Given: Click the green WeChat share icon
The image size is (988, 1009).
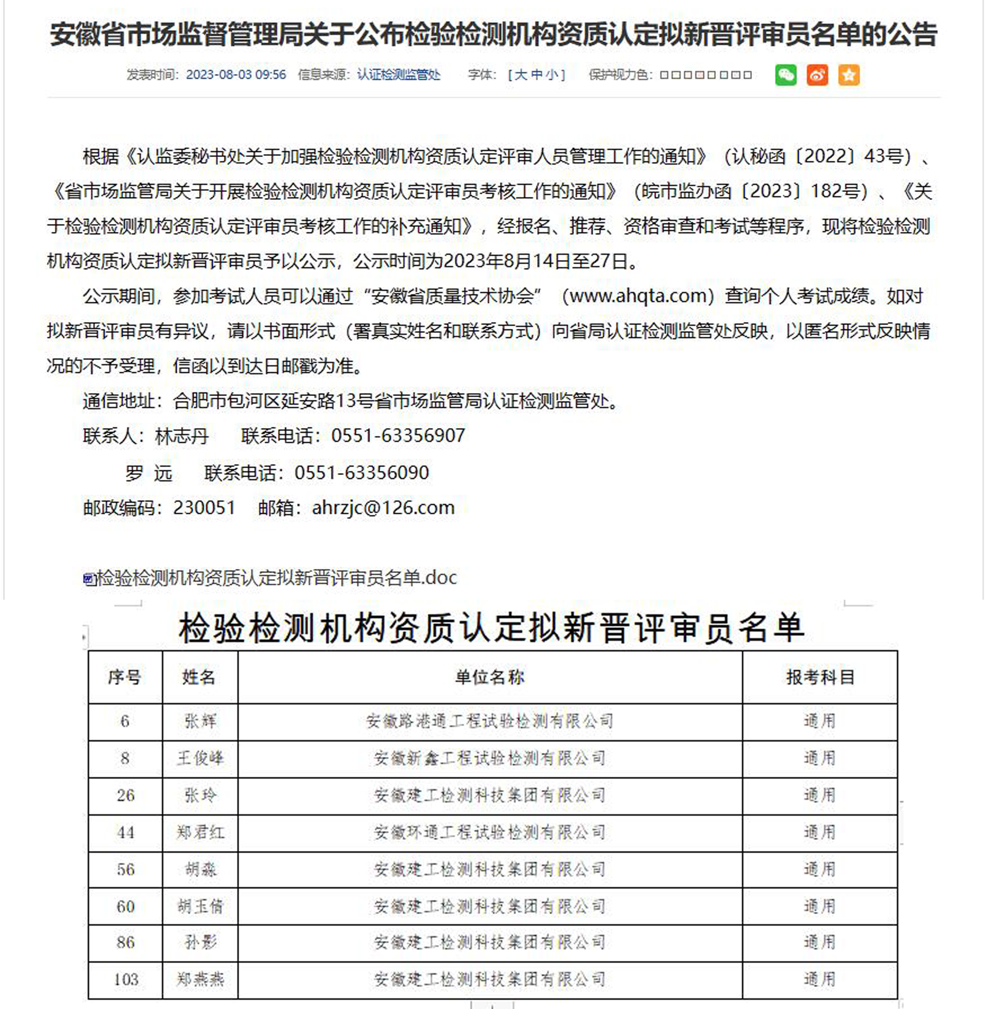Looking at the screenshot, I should (x=785, y=75).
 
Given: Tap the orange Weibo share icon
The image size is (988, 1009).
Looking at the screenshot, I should (x=817, y=75).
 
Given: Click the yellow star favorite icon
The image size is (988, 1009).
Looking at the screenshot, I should (x=849, y=75).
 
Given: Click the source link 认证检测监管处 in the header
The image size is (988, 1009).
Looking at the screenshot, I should (x=398, y=75).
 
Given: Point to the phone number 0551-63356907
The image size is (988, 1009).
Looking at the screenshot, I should (x=398, y=436).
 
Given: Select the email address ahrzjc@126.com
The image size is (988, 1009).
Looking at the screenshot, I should (x=383, y=508).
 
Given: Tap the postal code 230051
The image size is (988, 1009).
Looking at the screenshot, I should (x=204, y=508).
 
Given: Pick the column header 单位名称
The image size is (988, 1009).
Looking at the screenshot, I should (x=489, y=677).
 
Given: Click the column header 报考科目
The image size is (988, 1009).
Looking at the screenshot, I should (x=820, y=677).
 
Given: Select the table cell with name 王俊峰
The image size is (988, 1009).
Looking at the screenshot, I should (x=200, y=758).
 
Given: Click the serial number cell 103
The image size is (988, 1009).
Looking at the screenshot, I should (x=125, y=980).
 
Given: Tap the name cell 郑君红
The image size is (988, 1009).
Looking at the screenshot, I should (x=200, y=832).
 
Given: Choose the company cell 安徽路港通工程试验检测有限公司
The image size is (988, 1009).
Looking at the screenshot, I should (x=489, y=721).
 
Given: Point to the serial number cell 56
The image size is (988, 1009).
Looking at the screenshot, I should (x=125, y=870).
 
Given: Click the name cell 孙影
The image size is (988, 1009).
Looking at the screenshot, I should (x=200, y=942).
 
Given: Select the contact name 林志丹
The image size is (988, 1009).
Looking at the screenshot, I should (x=182, y=436).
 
